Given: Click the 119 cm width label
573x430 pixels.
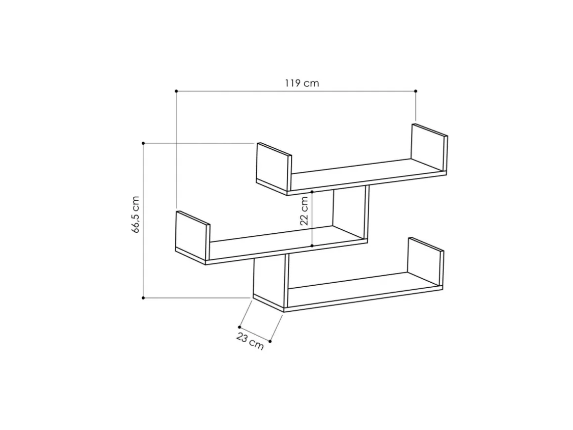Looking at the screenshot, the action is (302, 84).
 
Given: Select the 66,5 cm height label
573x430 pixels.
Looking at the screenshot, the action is (135, 215).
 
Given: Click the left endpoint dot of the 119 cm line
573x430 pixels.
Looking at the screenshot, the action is (176, 91).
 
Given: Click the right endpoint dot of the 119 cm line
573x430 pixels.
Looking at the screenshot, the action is (416, 91).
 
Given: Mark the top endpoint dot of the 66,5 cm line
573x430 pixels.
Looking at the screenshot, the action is (143, 143).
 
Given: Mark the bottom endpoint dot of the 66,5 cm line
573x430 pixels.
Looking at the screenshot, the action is (143, 298).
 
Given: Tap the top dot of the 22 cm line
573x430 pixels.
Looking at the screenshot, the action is (312, 192).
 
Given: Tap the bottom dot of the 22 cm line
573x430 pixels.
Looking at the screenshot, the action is (312, 246).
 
